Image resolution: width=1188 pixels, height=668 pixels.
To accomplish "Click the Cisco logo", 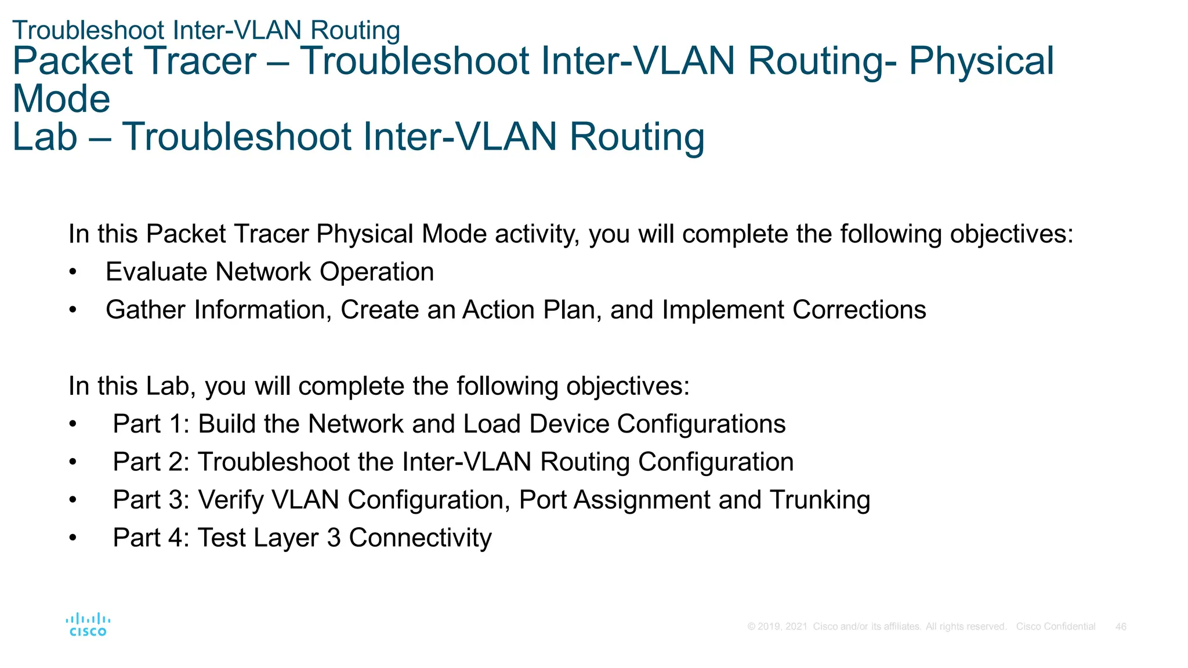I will tap(88, 625).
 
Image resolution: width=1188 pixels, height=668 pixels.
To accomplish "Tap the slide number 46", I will tap(1121, 627).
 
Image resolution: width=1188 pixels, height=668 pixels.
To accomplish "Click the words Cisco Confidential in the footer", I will tap(1055, 627).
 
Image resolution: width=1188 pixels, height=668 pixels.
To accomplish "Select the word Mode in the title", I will tap(61, 99).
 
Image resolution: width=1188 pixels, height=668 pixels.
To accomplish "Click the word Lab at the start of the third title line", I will tap(45, 137).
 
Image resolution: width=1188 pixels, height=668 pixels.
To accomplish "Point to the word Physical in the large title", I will tap(981, 61).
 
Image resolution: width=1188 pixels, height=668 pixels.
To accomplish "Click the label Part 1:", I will tap(151, 424).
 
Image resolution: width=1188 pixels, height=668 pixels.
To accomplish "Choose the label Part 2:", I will tap(151, 462).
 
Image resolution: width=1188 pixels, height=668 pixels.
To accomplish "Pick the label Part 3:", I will tap(151, 500).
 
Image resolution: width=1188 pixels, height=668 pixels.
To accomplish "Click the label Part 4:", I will tap(151, 538).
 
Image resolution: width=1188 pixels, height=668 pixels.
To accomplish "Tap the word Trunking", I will tap(820, 500).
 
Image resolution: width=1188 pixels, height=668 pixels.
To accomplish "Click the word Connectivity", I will tap(420, 538).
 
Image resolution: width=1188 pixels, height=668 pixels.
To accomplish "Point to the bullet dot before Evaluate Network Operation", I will tap(73, 273).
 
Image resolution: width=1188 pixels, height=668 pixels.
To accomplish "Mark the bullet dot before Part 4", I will tap(73, 538).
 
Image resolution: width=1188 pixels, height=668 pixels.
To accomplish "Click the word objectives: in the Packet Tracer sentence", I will tap(1011, 234).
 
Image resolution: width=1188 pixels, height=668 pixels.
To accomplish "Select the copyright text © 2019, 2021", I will tap(777, 627).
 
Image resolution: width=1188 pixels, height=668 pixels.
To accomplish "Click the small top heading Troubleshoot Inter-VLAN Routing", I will tap(206, 30).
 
